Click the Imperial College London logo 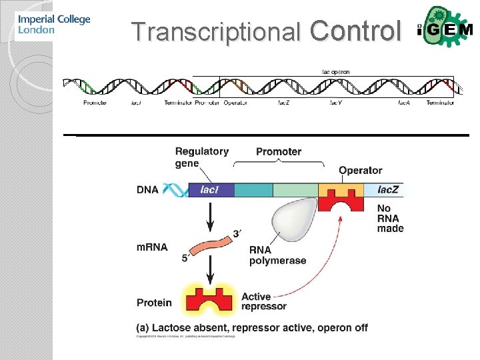point(53,25)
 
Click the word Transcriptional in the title point(216,31)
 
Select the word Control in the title point(356,30)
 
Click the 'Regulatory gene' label point(201,157)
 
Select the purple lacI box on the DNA point(211,190)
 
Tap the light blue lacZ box point(387,190)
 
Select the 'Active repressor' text point(263,301)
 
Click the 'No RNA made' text point(390,219)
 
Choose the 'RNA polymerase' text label point(277,255)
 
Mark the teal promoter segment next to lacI point(253,190)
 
